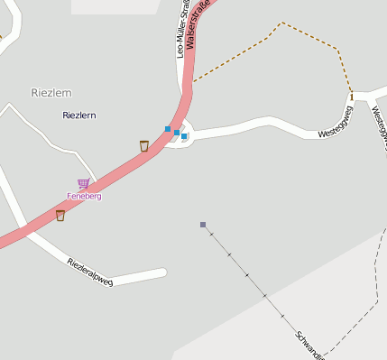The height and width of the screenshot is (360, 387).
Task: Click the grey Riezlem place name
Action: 51,92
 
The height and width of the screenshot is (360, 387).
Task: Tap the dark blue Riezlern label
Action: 79,115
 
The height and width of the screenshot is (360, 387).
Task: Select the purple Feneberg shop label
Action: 83,196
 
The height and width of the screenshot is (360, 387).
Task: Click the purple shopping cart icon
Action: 83,184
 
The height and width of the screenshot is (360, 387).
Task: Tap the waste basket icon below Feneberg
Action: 60,215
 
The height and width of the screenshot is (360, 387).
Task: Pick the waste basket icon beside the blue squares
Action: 143,145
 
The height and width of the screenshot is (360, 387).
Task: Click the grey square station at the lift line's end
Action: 203,225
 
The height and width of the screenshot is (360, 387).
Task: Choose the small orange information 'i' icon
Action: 351,96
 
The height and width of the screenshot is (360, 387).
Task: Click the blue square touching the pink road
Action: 168,129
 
